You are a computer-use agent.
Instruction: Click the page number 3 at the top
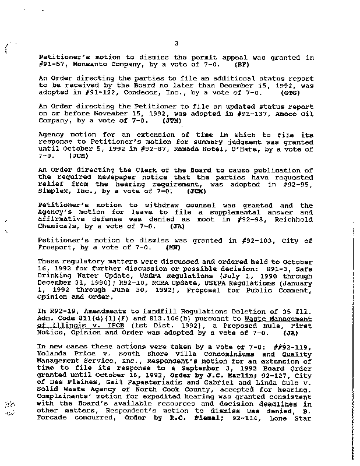pyautogui.click(x=175, y=43)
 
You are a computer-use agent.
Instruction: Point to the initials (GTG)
pyautogui.click(x=289, y=91)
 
